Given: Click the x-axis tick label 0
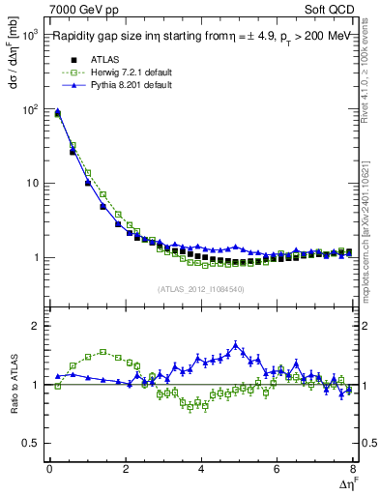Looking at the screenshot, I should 49,469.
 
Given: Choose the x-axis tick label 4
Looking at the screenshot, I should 201,469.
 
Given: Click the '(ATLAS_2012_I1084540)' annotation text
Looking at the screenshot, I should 201,288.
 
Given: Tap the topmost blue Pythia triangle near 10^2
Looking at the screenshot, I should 57,111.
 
